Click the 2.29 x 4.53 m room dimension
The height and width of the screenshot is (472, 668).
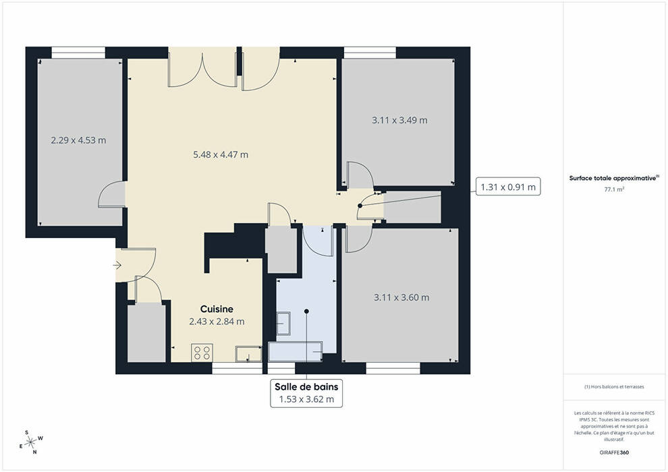(x=78, y=140)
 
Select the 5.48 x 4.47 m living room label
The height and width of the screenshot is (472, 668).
(x=221, y=154)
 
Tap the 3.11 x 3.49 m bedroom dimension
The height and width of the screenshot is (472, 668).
(x=399, y=120)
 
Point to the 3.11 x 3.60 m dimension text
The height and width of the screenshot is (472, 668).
(x=401, y=297)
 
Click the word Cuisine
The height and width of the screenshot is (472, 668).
(x=217, y=309)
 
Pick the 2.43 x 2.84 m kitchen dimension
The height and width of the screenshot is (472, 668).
(x=217, y=322)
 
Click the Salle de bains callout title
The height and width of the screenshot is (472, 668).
(x=306, y=387)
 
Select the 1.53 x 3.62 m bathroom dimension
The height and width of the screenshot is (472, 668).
(x=306, y=399)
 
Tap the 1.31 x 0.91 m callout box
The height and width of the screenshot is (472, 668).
(x=508, y=186)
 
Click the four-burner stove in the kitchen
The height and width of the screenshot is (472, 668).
(x=202, y=353)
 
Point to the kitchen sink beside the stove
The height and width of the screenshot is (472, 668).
(x=249, y=354)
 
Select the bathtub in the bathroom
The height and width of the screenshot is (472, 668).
(x=296, y=351)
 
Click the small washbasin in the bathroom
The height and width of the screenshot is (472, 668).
(x=283, y=324)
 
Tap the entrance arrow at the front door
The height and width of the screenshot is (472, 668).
(x=117, y=266)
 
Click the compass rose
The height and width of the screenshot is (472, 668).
(x=31, y=442)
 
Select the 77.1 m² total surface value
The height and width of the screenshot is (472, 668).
(x=614, y=189)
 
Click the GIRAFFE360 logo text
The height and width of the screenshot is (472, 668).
(x=614, y=452)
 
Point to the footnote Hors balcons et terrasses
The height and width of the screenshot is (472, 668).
(x=614, y=387)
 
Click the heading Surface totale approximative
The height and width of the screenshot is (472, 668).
(x=613, y=178)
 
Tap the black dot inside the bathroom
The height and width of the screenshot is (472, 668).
(x=306, y=311)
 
